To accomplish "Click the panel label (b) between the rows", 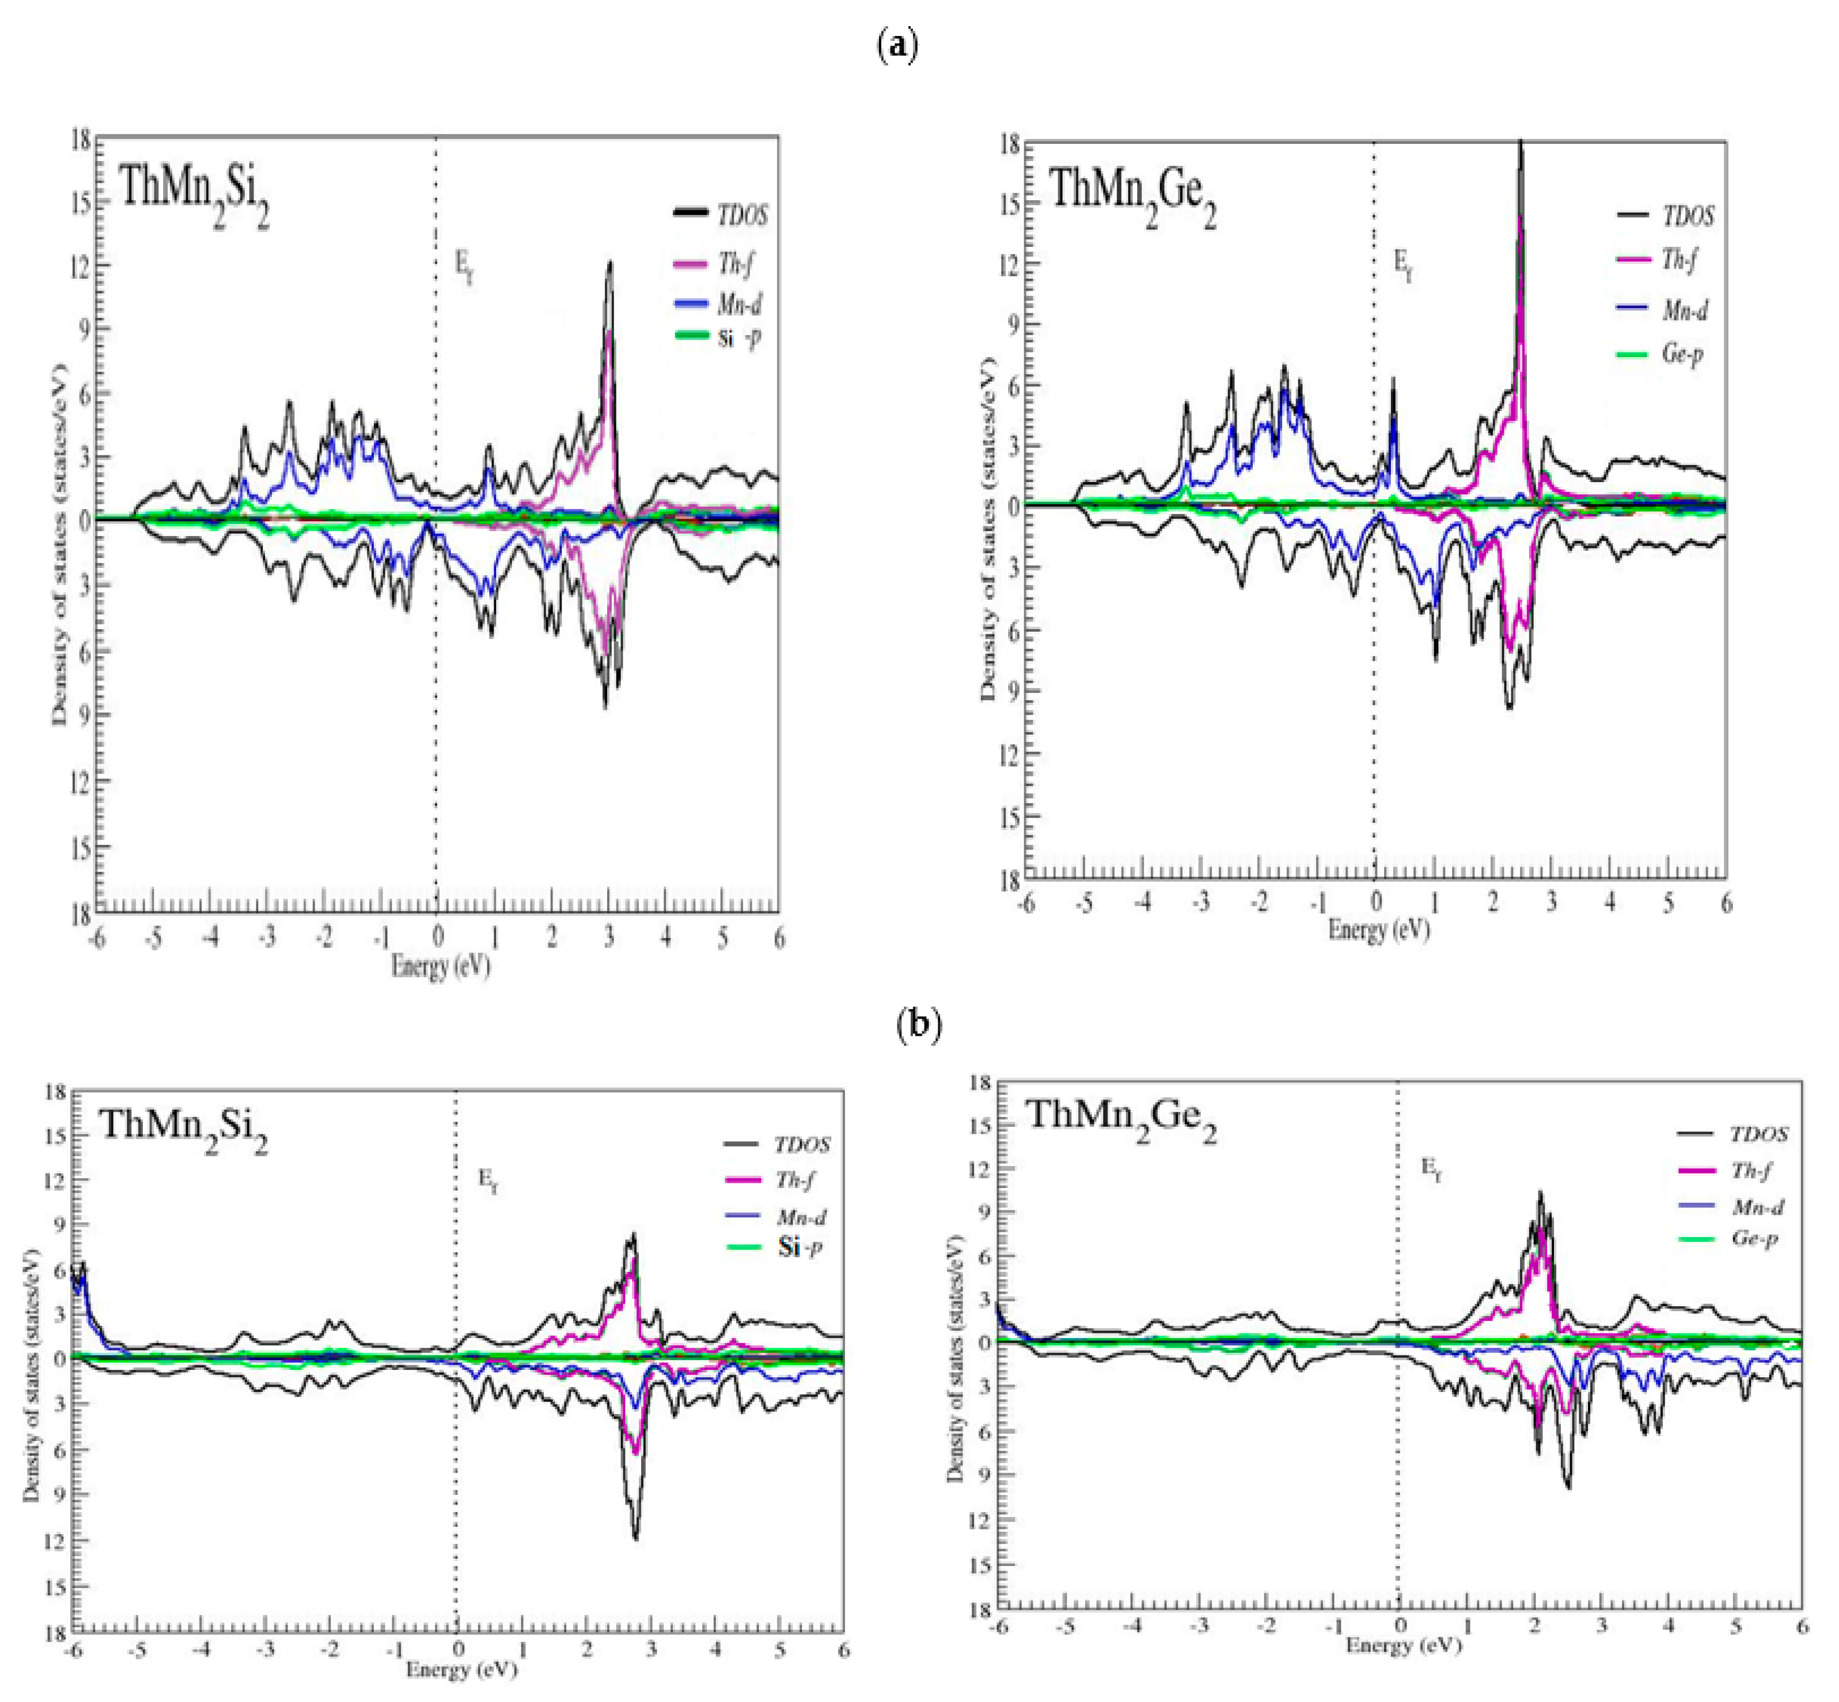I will (918, 1024).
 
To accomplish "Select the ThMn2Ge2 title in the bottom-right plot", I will (1121, 1117).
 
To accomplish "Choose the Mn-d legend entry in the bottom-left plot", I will (800, 1218).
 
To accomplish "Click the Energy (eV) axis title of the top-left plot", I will (440, 966).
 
